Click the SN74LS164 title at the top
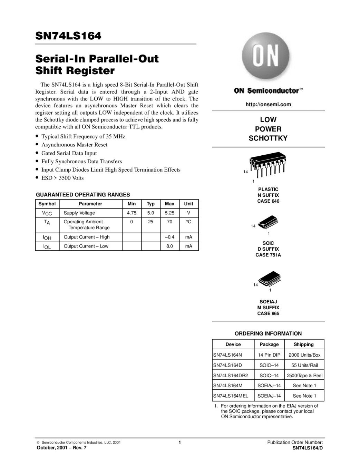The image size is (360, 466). (68, 36)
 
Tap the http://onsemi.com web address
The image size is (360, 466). (268, 104)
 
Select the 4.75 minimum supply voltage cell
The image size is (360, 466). (132, 213)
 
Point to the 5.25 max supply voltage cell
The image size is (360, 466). (169, 213)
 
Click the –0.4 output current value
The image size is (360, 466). (169, 237)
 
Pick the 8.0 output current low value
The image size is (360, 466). (169, 246)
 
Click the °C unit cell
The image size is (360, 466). (188, 222)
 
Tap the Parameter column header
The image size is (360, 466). (90, 204)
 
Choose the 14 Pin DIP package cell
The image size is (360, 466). (269, 355)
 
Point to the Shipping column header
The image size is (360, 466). (303, 344)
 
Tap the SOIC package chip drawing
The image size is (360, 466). (268, 223)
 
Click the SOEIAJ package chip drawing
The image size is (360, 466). (270, 280)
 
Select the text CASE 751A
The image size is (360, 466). (268, 255)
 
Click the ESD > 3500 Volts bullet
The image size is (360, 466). (62, 178)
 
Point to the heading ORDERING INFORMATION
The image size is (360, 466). (268, 333)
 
